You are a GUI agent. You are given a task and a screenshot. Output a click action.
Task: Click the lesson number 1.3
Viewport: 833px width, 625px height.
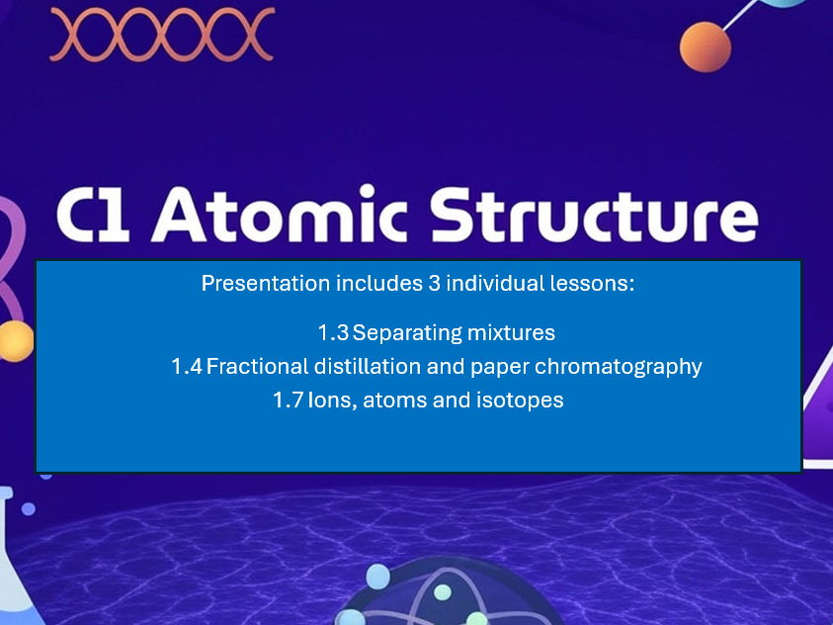coord(333,332)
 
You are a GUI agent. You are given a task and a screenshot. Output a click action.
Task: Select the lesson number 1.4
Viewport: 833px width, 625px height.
coord(187,367)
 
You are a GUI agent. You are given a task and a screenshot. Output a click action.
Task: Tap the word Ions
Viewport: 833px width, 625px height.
coord(330,401)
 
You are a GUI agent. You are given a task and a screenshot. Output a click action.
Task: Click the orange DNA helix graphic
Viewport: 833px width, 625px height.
coord(161,34)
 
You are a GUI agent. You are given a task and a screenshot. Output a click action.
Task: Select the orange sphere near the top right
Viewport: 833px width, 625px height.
coord(706,45)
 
